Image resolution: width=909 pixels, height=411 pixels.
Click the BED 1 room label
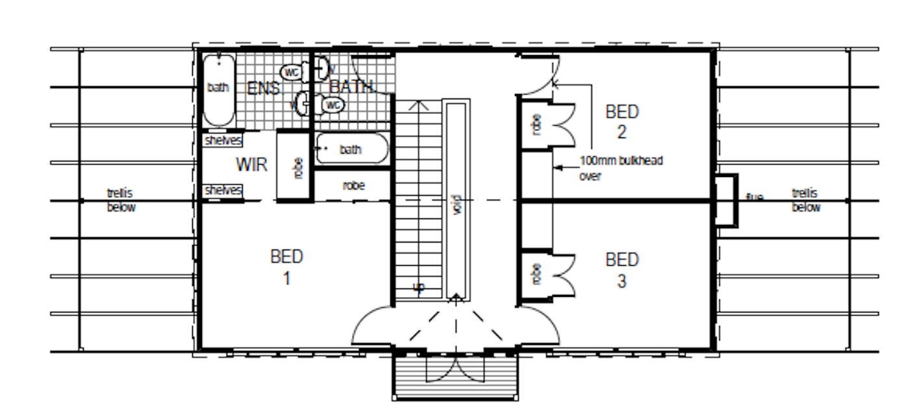[286, 266]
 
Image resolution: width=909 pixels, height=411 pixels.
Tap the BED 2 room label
[622, 121]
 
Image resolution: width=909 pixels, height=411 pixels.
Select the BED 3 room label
[622, 270]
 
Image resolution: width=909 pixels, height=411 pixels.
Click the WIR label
[251, 165]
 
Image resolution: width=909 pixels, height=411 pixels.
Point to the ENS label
[263, 88]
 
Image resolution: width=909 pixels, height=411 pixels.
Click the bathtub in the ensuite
[218, 89]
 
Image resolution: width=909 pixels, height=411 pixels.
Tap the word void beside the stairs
[456, 205]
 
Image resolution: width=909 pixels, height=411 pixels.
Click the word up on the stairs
[419, 287]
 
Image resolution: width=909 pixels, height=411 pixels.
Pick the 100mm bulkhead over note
[620, 167]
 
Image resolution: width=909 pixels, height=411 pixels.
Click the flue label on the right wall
[754, 197]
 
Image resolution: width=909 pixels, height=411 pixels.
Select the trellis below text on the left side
[121, 200]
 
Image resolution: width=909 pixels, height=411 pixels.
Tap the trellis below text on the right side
[806, 200]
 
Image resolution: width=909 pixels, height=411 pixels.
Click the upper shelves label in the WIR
[223, 140]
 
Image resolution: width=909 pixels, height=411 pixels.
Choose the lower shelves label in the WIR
[223, 190]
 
